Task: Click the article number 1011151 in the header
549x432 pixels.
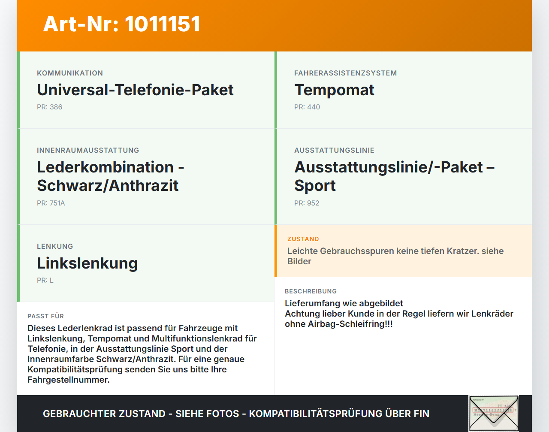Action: coord(163,24)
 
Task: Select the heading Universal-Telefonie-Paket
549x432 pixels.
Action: coord(135,90)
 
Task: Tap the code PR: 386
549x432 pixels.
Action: coord(49,107)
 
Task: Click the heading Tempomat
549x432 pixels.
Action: coord(334,90)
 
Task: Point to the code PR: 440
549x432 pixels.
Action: coord(307,107)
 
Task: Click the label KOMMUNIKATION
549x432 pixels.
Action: coord(70,73)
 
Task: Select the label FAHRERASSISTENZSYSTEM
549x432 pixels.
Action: coord(345,73)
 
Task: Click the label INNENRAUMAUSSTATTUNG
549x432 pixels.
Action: coord(88,151)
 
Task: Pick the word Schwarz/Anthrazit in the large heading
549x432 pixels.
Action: coord(108,186)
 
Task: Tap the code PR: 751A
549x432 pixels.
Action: coord(51,203)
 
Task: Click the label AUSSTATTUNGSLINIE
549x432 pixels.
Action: coord(334,151)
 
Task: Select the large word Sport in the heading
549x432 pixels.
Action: coord(315,186)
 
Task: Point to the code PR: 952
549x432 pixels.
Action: coord(307,203)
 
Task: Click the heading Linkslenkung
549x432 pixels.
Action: coord(87,263)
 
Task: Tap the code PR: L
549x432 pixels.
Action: coord(45,281)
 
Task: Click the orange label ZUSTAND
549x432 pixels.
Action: coord(303,239)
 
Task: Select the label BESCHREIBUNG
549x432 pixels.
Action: coord(311,292)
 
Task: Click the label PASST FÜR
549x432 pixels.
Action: coord(45,317)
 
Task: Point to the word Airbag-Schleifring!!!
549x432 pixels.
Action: coord(350,324)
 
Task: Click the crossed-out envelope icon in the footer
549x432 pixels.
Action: coord(494,413)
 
